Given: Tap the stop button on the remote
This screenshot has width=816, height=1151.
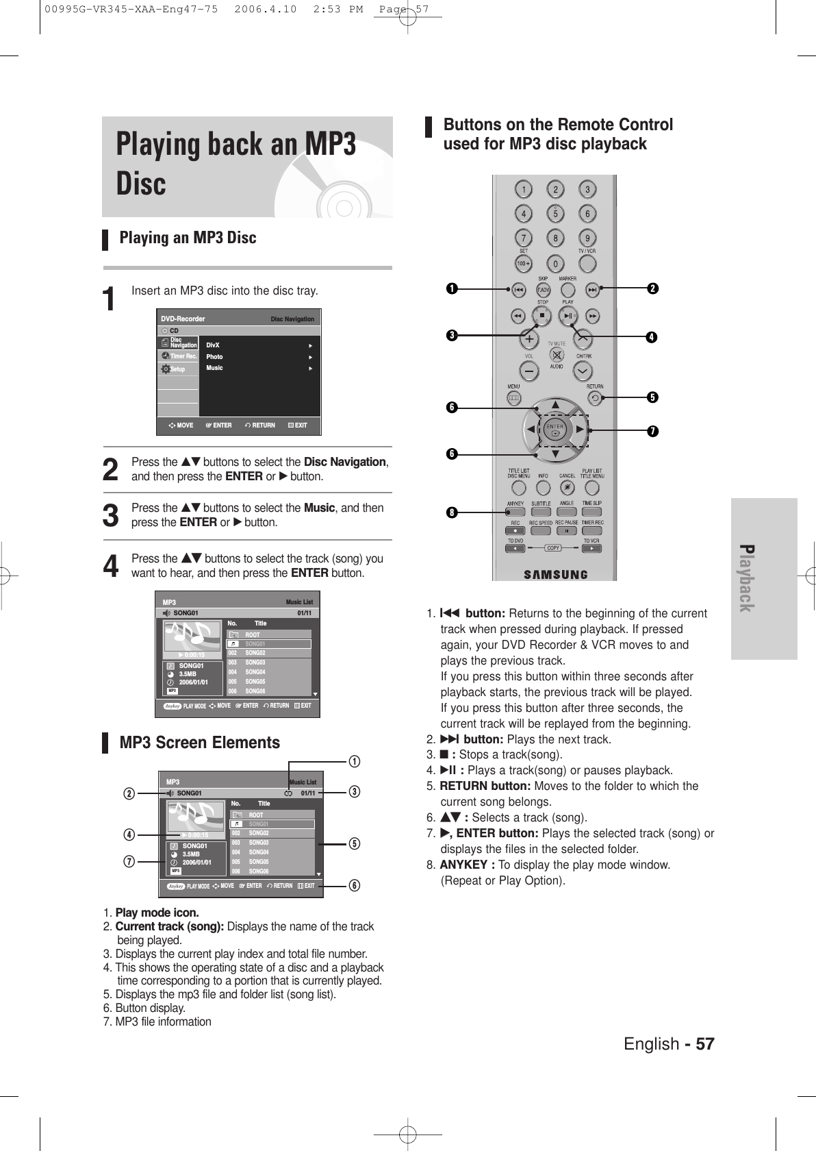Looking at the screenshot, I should [541, 317].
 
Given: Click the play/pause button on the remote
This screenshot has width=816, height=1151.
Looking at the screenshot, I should [568, 317].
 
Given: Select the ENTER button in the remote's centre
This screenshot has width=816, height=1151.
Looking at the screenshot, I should [554, 430].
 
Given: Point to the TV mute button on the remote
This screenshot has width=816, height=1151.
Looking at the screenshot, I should [556, 356].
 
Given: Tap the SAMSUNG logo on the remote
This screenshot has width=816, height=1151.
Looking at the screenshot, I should [555, 574].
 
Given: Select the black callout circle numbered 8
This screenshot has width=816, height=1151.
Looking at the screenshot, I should [452, 511].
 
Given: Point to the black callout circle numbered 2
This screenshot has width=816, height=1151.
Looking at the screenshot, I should [653, 289].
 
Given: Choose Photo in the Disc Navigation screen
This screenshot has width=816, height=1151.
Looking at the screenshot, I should [214, 357].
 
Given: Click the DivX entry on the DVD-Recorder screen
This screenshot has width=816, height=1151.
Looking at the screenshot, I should [213, 345].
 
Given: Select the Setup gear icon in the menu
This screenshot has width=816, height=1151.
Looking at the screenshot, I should [165, 369].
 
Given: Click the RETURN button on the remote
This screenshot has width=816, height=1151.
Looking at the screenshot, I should [594, 397].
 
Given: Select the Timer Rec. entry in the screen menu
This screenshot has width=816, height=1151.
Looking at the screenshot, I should [179, 356].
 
